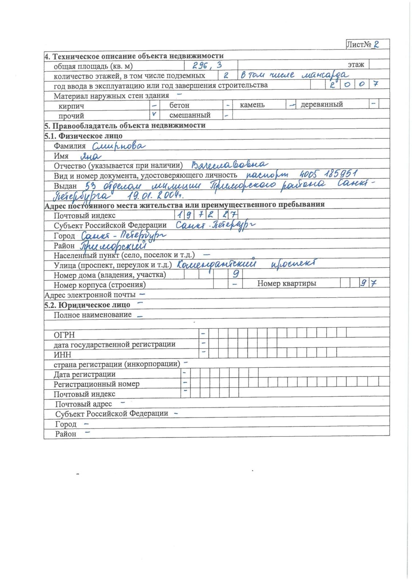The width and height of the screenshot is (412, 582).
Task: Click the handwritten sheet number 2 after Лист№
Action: [x=376, y=44]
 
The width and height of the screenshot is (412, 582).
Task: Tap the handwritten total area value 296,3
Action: [x=207, y=65]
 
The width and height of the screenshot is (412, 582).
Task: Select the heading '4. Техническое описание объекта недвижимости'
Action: [x=134, y=56]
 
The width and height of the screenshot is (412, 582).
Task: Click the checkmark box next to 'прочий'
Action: [x=154, y=114]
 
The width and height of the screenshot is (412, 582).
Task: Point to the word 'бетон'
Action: [x=179, y=105]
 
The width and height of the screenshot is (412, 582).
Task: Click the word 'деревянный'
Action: [x=322, y=104]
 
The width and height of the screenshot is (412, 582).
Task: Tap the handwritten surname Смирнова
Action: [x=118, y=146]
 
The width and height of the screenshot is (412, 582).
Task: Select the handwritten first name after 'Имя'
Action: [x=91, y=156]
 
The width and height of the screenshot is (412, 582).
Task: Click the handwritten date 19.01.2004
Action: [x=156, y=196]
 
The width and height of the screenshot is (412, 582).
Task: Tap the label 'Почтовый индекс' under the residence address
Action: [x=85, y=215]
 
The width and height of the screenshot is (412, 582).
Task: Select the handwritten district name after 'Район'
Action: [x=113, y=246]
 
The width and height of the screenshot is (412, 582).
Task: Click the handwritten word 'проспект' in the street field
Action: [x=294, y=263]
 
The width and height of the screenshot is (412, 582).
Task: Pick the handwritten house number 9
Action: [x=236, y=274]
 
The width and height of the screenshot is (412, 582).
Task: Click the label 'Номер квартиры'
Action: [x=287, y=283]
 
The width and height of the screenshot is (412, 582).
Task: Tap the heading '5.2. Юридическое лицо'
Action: [x=87, y=305]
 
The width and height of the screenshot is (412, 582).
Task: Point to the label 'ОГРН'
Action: [x=64, y=335]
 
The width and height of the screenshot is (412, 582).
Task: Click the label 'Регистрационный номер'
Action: [x=97, y=384]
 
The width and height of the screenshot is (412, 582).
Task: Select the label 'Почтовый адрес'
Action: [x=83, y=404]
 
